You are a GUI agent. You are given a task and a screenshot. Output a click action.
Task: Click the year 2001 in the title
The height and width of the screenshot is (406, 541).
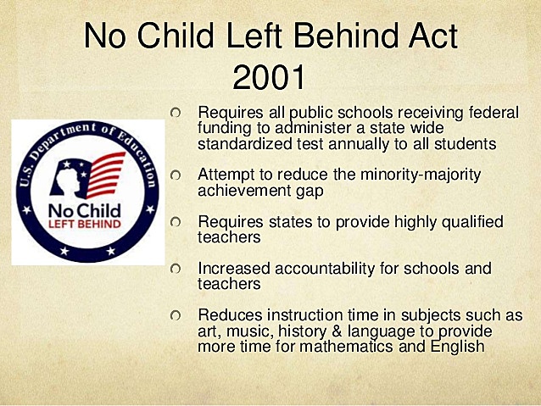pos(268,78)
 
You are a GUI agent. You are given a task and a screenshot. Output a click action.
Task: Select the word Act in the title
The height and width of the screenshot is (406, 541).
pos(433,36)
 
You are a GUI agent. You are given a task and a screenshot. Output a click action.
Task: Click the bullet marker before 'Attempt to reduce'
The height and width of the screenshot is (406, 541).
pos(175,175)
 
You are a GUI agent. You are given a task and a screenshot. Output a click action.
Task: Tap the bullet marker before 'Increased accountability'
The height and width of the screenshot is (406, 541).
pos(175,269)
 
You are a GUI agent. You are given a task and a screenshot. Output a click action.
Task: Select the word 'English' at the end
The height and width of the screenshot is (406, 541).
pos(455,347)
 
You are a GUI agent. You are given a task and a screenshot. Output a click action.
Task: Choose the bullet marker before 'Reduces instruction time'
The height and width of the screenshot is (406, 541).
pos(175,315)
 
